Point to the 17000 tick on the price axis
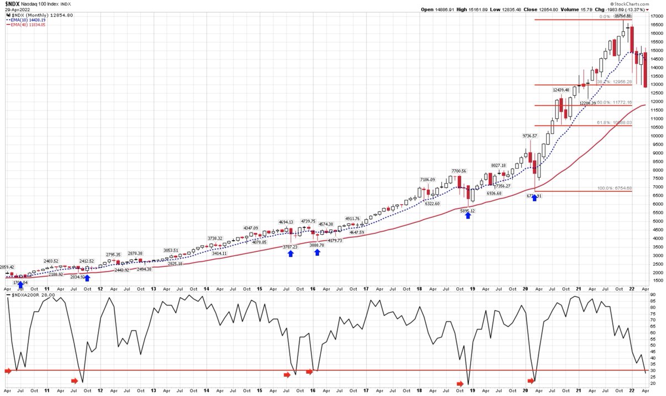pos(656,16)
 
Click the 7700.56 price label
pos(458,171)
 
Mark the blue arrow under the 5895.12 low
pos(468,215)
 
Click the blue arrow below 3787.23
pos(290,253)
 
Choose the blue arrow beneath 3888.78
pos(317,252)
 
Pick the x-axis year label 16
pos(313,288)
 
